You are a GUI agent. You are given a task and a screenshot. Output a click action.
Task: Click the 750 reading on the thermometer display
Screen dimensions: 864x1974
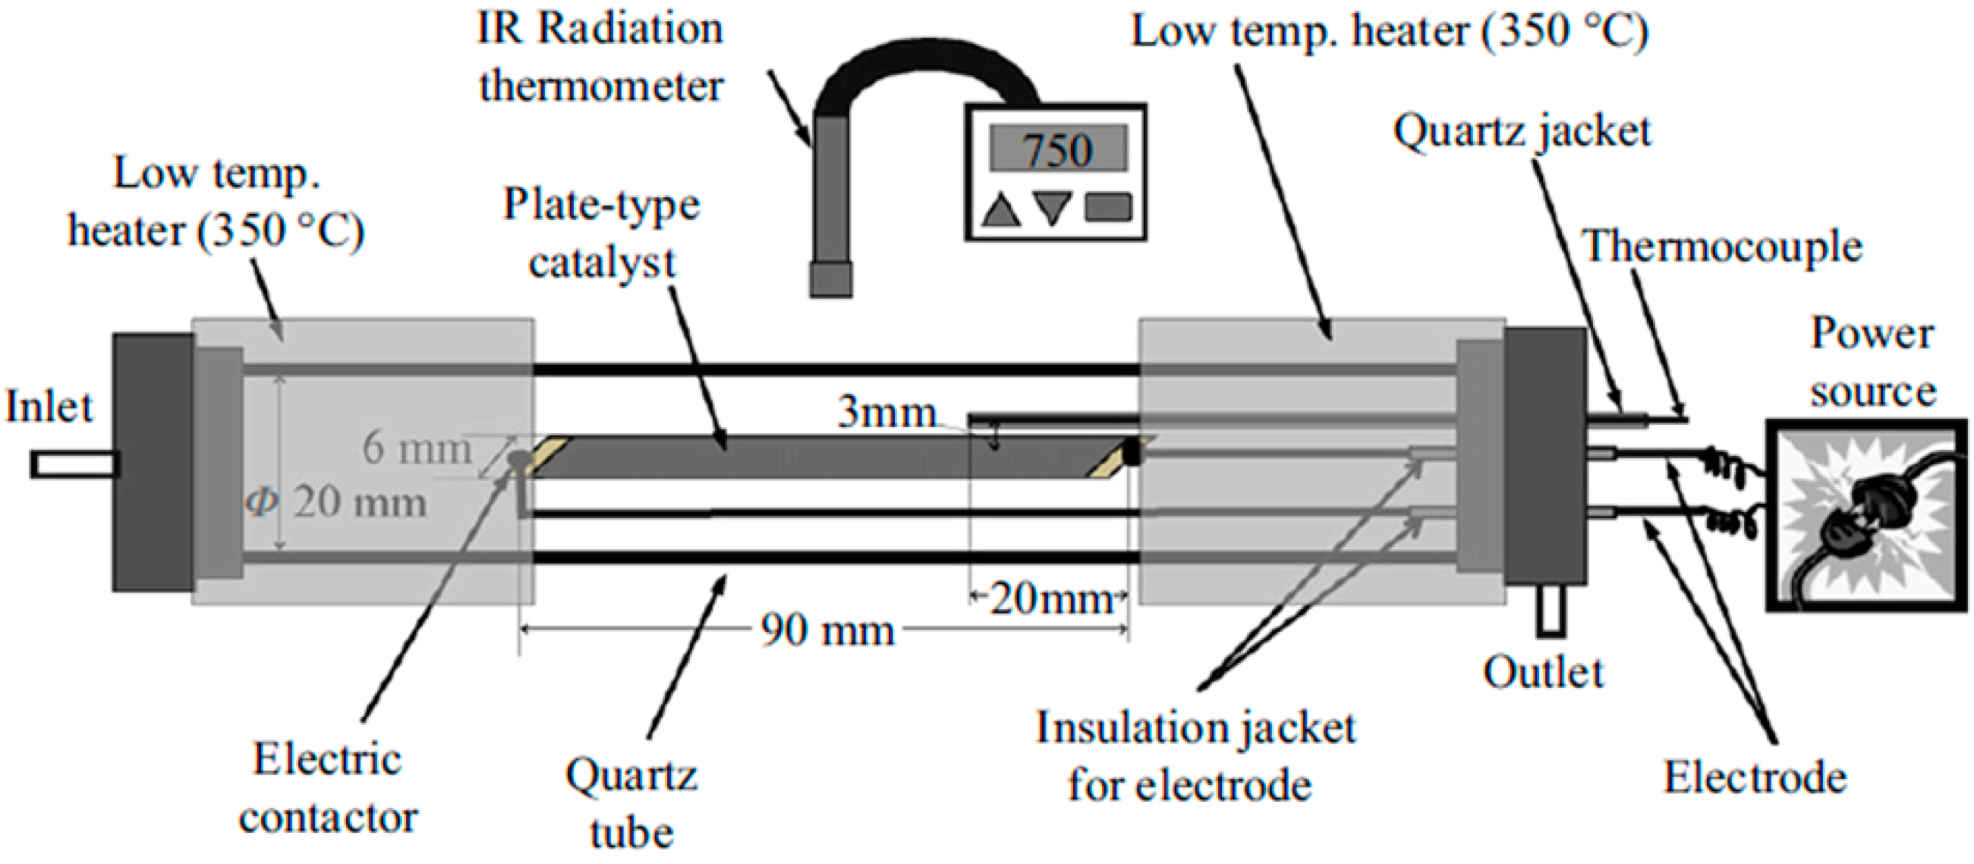point(1057,149)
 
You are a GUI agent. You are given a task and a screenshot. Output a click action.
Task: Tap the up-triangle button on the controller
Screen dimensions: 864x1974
point(1001,210)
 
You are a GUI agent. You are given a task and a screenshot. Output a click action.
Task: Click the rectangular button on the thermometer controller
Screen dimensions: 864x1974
point(1108,209)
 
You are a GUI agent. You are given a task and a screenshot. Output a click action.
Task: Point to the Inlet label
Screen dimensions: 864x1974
point(49,407)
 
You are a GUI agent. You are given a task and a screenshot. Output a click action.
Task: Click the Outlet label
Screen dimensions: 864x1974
point(1543,674)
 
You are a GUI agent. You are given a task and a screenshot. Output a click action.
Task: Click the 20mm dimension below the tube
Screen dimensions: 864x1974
point(1050,599)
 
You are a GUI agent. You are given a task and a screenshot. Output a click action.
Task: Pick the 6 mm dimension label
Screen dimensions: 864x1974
point(416,448)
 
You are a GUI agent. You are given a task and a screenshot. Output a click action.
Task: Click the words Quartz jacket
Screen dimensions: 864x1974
point(1522,132)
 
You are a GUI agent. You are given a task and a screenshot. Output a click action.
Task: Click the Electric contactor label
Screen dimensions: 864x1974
point(328,789)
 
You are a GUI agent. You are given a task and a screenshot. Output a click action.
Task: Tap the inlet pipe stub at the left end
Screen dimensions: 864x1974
point(73,465)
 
